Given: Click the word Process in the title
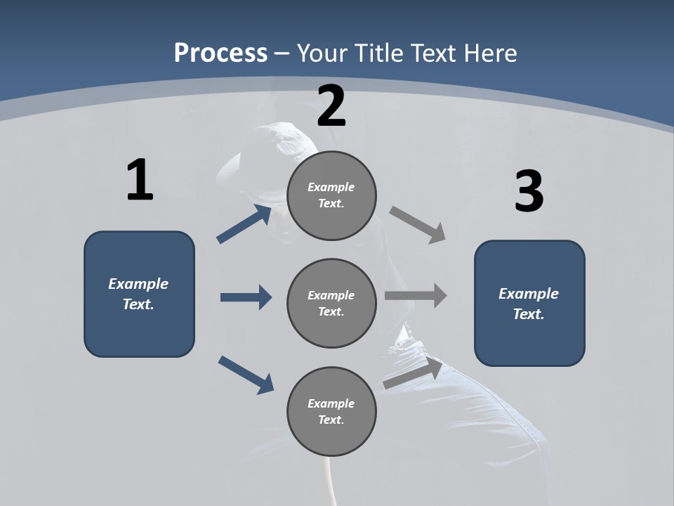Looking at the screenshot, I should click(220, 53).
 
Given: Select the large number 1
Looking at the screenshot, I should click(140, 181).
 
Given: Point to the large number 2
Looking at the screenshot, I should click(331, 106).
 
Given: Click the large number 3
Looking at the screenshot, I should click(529, 191).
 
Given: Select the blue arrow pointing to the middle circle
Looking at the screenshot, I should click(246, 297).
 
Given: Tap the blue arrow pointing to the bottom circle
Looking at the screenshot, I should click(246, 374).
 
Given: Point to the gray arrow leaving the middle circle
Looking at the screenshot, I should click(416, 295).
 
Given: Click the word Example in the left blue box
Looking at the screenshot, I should click(138, 284).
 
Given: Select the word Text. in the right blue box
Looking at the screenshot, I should click(529, 314).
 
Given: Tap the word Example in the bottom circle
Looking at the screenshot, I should click(331, 403).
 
